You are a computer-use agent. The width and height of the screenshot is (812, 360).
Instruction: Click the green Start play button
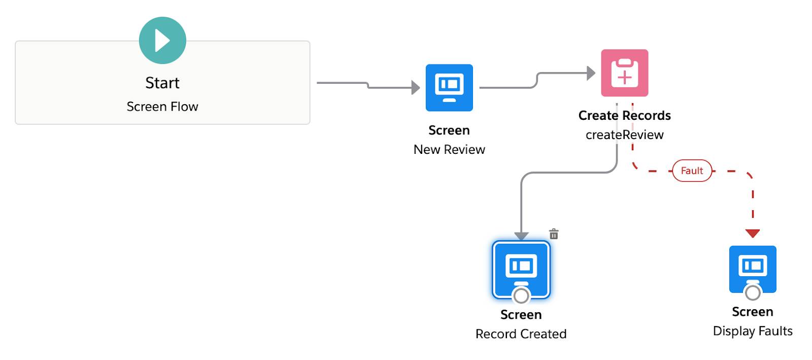[x=162, y=41]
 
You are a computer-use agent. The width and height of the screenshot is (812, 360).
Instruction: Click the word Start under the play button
[x=162, y=83]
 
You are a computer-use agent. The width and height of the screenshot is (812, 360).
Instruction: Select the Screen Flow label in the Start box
[x=162, y=107]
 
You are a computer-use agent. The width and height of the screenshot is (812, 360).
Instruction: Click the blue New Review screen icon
[x=449, y=87]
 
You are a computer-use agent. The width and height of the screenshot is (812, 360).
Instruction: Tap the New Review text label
[x=449, y=149]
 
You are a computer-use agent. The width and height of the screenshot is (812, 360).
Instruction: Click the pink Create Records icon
[x=624, y=73]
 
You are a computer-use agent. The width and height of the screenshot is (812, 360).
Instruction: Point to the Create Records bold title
[x=624, y=115]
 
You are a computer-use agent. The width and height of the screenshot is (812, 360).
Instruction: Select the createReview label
[x=624, y=135]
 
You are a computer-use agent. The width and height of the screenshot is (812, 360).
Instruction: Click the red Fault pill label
[x=692, y=171]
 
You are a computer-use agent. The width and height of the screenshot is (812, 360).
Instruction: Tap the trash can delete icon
[x=554, y=234]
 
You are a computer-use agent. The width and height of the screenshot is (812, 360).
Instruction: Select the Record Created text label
[x=521, y=334]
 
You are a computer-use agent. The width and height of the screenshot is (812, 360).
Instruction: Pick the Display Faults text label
[x=753, y=331]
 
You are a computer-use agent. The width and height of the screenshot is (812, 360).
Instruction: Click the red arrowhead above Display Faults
[x=753, y=233]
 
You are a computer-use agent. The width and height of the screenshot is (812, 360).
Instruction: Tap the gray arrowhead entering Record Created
[x=521, y=236]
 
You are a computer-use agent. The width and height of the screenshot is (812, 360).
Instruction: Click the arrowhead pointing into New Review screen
[x=416, y=88]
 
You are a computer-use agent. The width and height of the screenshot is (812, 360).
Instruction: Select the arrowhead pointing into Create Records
[x=591, y=73]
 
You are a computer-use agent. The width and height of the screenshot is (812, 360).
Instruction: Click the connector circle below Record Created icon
[x=521, y=296]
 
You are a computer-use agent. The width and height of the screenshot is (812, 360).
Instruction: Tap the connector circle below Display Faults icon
[x=753, y=292]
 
